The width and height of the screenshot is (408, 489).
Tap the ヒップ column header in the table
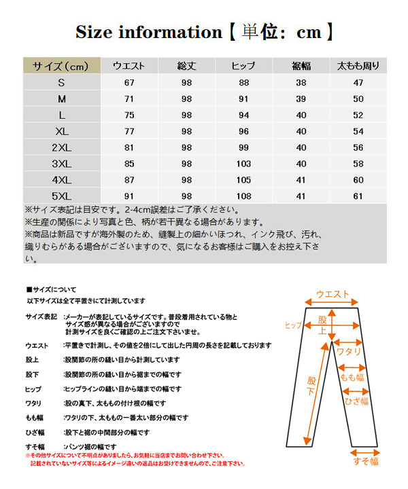243,66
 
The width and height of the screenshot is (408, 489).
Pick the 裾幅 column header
301,66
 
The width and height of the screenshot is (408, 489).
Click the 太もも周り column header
358,66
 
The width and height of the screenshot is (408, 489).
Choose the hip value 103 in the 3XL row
243,164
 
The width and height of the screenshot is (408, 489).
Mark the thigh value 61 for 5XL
358,196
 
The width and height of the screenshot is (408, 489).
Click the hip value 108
243,196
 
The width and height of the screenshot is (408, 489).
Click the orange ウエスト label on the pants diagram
333,294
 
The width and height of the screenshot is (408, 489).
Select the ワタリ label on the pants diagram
349,353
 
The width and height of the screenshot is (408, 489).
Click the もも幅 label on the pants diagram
352,377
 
